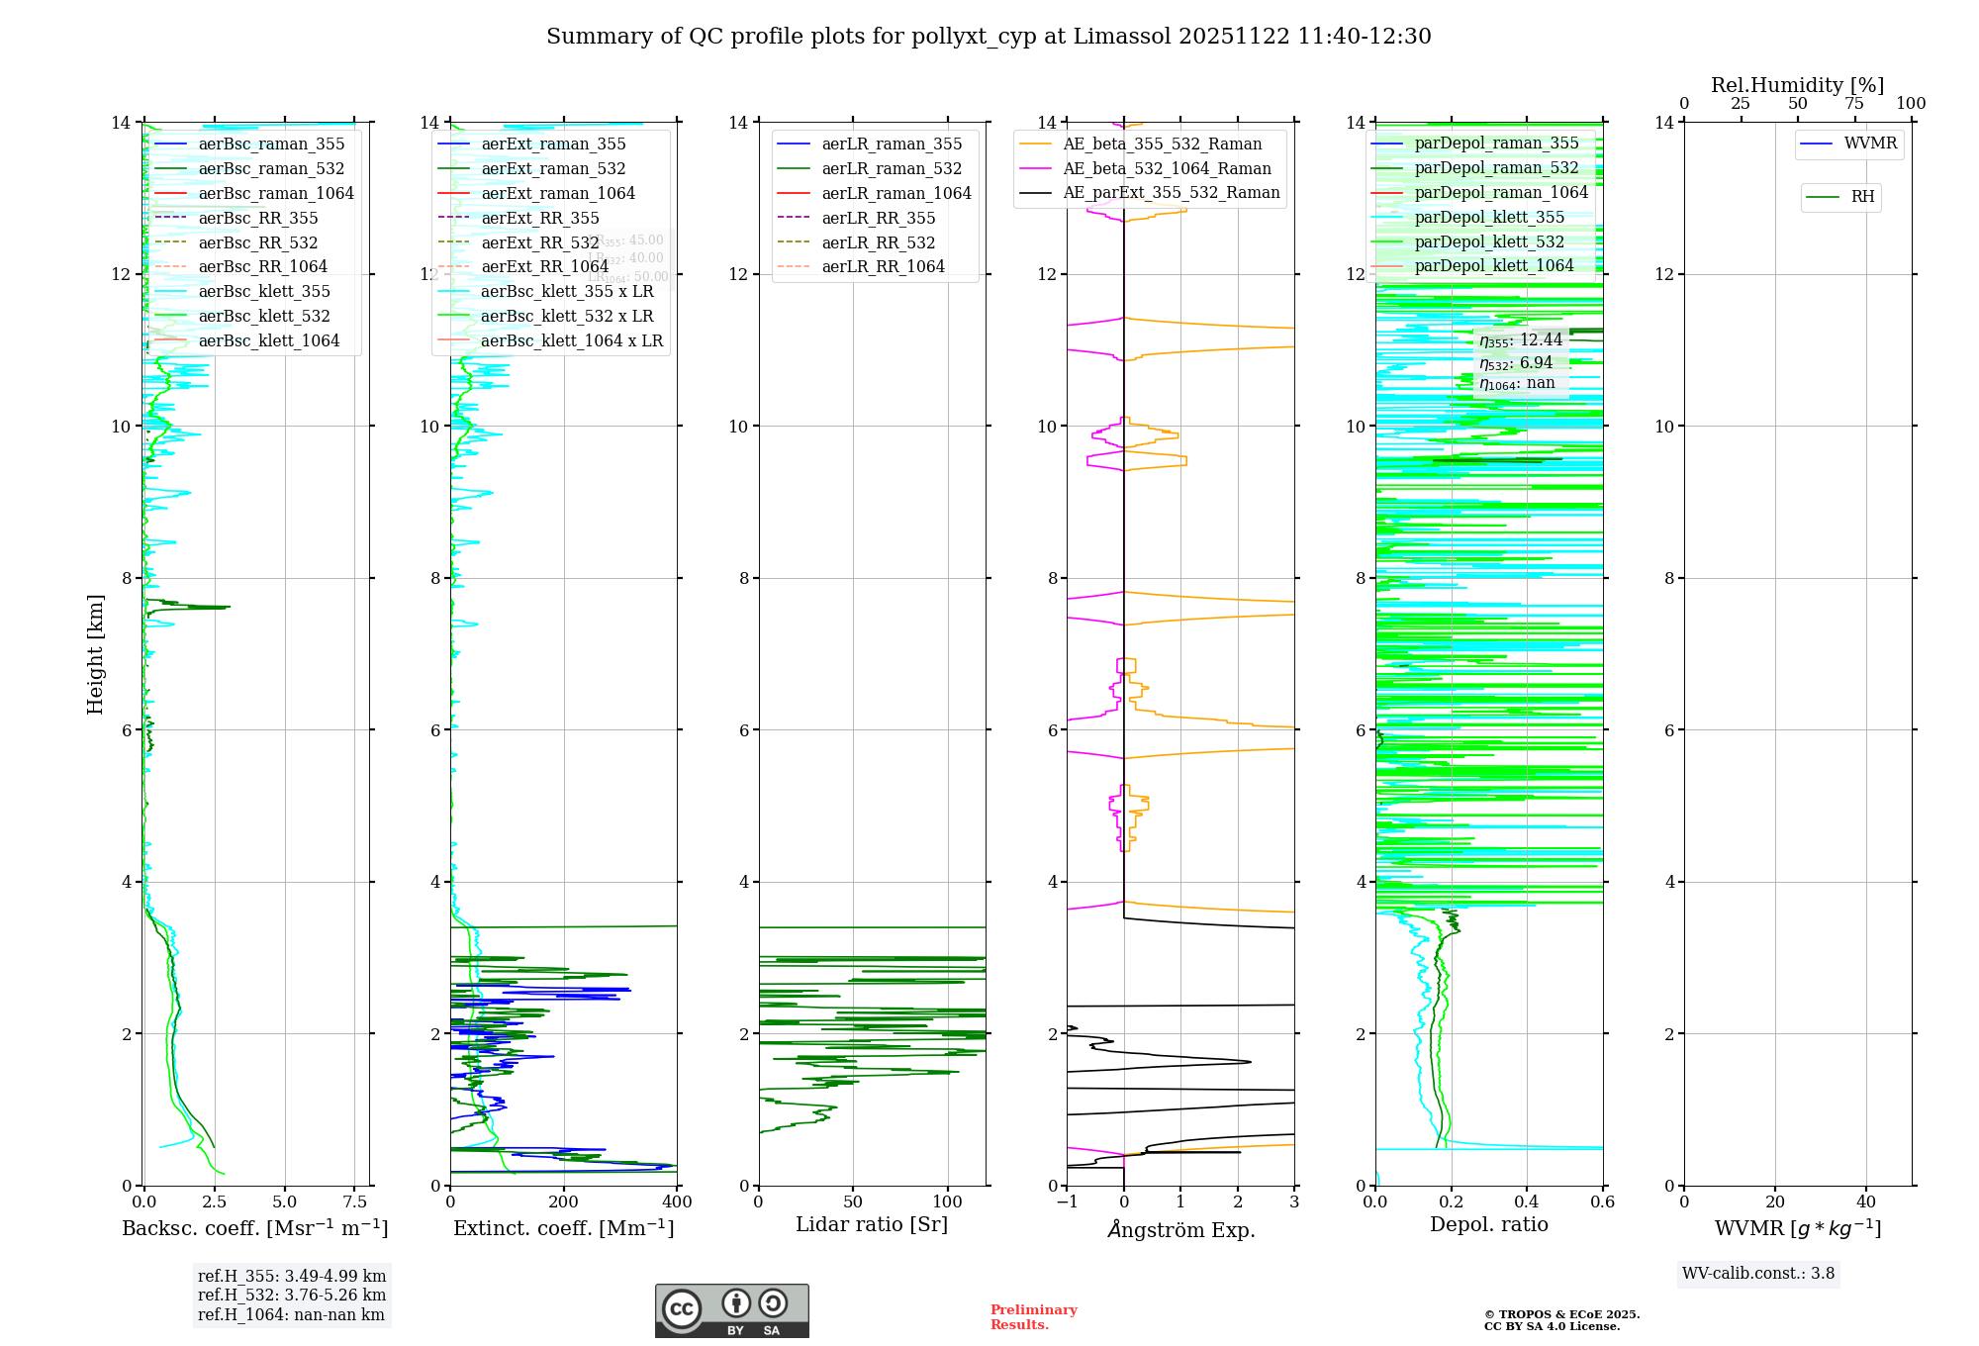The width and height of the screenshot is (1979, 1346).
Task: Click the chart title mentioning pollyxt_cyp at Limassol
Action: (989, 37)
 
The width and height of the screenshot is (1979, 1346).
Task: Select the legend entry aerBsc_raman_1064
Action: (275, 193)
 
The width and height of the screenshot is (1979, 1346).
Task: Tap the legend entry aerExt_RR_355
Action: (539, 218)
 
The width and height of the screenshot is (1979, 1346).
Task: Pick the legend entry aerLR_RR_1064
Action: (883, 266)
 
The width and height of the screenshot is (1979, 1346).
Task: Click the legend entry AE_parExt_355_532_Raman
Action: (1171, 192)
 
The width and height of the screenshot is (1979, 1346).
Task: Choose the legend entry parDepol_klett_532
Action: (1489, 241)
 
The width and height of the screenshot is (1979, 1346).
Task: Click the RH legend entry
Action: (1862, 197)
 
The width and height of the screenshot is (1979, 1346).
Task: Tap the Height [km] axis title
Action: (95, 653)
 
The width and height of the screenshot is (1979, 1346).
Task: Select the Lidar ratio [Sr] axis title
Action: (872, 1225)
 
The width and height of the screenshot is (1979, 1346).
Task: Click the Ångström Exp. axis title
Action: (1180, 1230)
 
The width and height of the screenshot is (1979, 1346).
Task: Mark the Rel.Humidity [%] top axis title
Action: (1797, 85)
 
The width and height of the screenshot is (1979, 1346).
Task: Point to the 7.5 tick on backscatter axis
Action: (354, 1202)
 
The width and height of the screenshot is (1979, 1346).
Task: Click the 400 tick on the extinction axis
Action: (677, 1202)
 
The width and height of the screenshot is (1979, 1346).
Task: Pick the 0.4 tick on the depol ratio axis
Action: (1527, 1202)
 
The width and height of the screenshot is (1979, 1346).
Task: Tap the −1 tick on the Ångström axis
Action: (1067, 1202)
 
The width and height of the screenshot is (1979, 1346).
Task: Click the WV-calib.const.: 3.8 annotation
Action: (1758, 1274)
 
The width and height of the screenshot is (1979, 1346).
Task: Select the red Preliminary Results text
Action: (1033, 1317)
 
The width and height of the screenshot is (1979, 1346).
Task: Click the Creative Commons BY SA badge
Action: (731, 1311)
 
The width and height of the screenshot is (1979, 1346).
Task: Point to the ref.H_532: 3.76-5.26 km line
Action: (292, 1296)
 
